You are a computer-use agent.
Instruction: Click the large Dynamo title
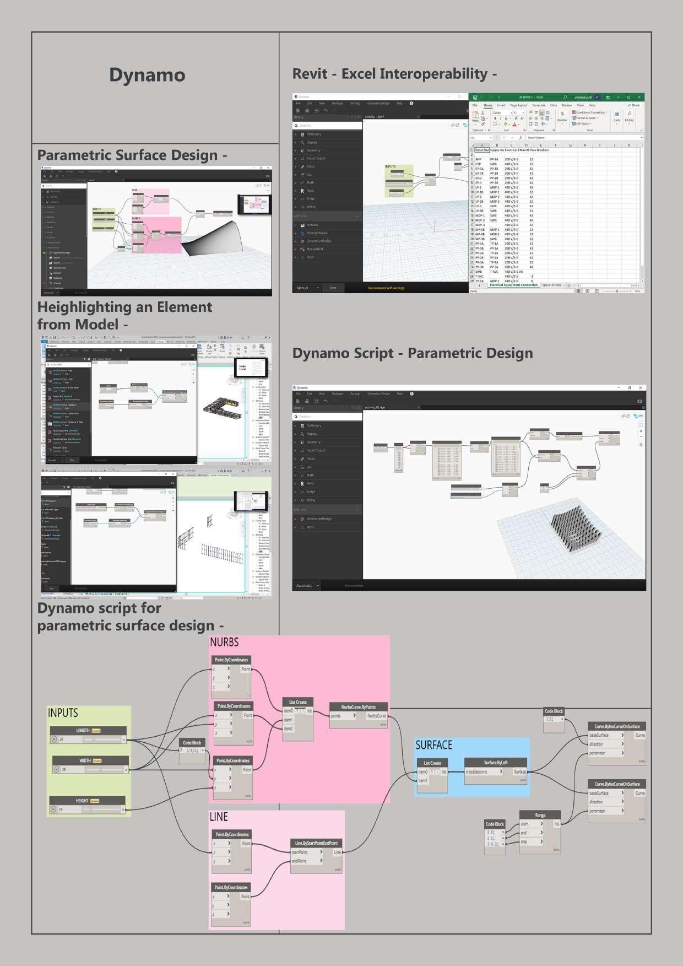click(x=147, y=75)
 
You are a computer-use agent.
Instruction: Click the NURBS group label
click(x=224, y=642)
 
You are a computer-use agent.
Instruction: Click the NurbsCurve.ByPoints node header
click(x=358, y=707)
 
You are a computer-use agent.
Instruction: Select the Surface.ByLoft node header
click(x=496, y=763)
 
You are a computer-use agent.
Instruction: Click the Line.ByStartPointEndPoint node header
click(x=316, y=843)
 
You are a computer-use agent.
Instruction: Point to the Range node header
click(x=540, y=815)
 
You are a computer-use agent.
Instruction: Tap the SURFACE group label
click(x=433, y=745)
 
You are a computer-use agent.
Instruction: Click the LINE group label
click(x=219, y=817)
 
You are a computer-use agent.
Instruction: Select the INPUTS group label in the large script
click(x=63, y=713)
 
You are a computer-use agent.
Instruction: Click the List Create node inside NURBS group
click(x=297, y=702)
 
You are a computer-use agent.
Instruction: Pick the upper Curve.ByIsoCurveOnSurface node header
click(x=617, y=726)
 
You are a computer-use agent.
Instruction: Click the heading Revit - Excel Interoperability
click(x=394, y=74)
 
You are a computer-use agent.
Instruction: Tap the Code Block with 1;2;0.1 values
click(x=495, y=836)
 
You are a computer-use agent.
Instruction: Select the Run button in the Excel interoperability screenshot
click(x=333, y=288)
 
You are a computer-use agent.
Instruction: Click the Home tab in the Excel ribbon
click(x=488, y=105)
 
